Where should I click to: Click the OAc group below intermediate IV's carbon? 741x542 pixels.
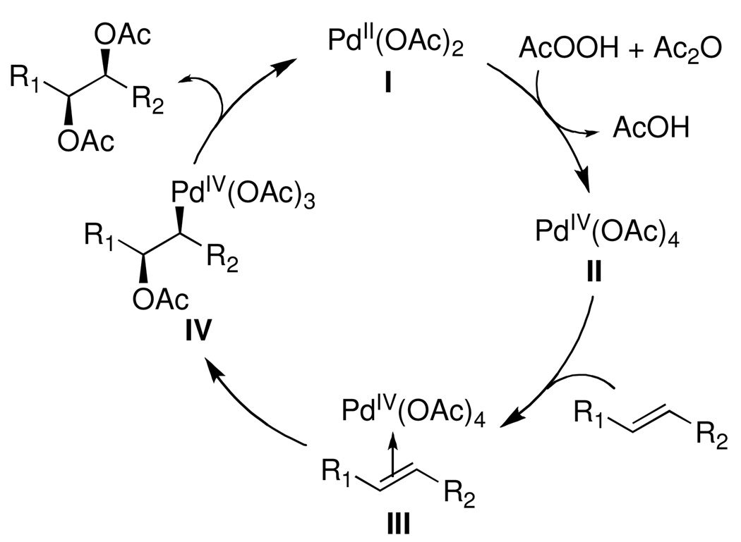click(161, 300)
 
